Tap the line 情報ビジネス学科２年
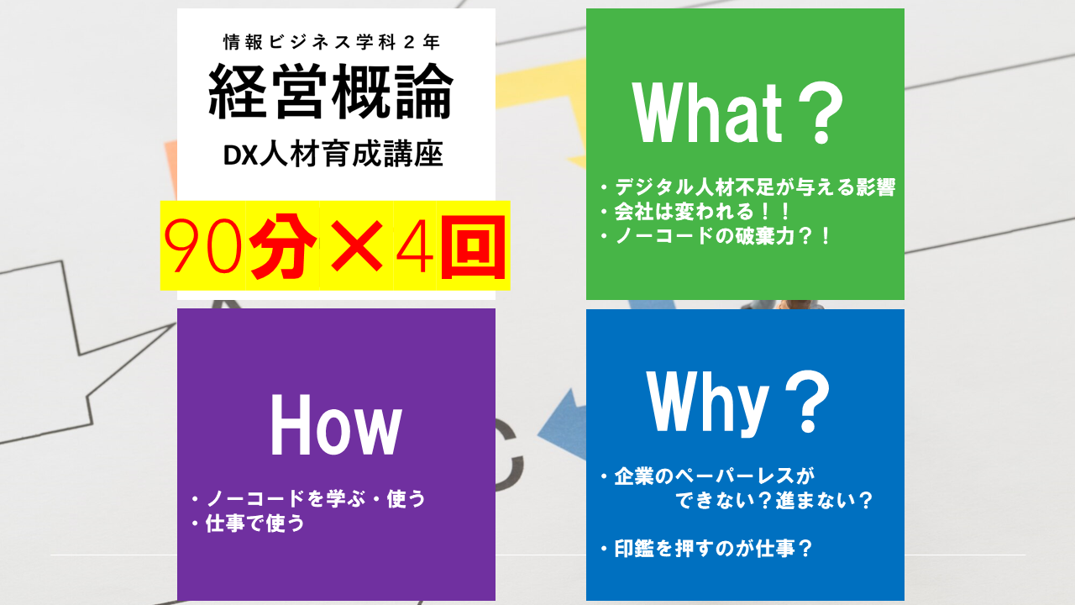coord(331,40)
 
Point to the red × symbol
coord(355,245)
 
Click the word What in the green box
coord(708,115)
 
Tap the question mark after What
coord(812,115)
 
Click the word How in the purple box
coord(335,428)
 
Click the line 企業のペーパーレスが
coord(714,476)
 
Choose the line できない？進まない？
coord(773,501)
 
